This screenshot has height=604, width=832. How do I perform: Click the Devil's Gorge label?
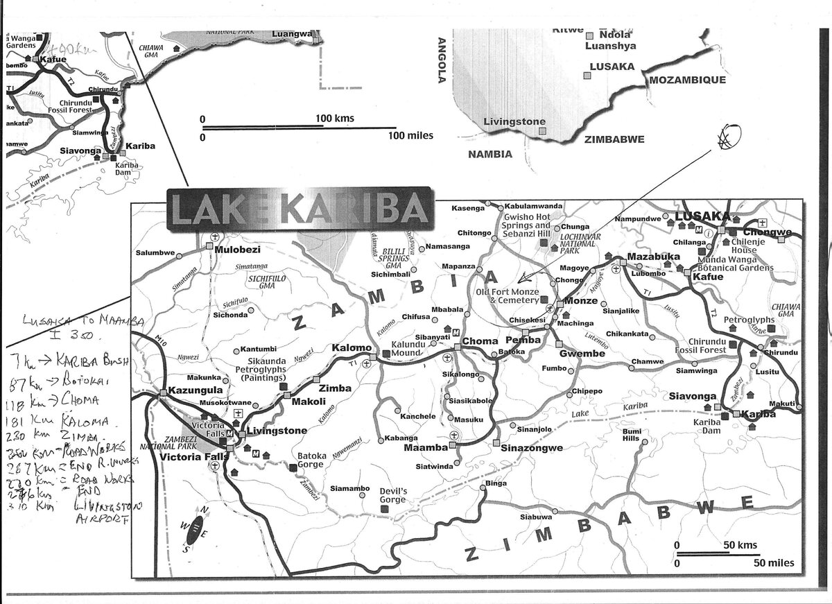[392, 496]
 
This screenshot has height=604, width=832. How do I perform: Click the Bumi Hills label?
[630, 435]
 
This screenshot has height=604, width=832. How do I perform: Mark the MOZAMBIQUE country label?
[687, 80]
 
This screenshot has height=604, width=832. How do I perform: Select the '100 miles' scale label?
[410, 135]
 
